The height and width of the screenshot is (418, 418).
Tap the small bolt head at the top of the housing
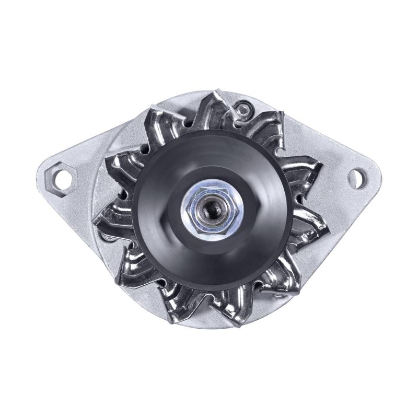(x=243, y=109)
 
